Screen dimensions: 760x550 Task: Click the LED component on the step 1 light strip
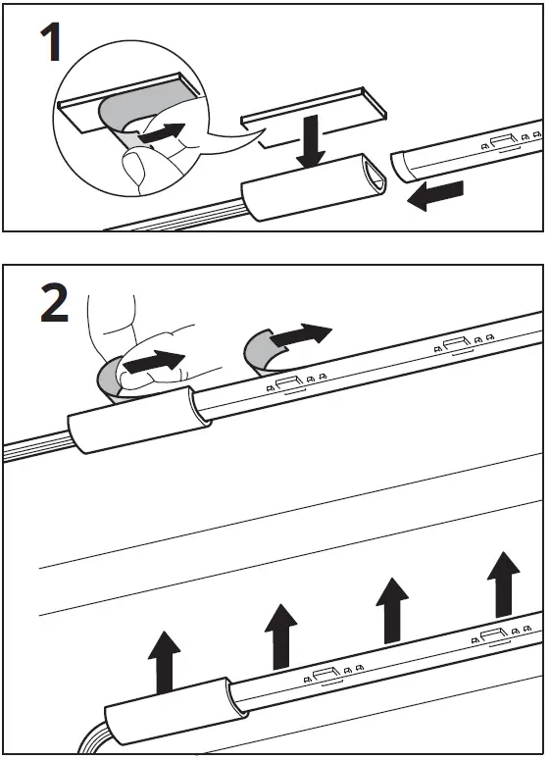[506, 143]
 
